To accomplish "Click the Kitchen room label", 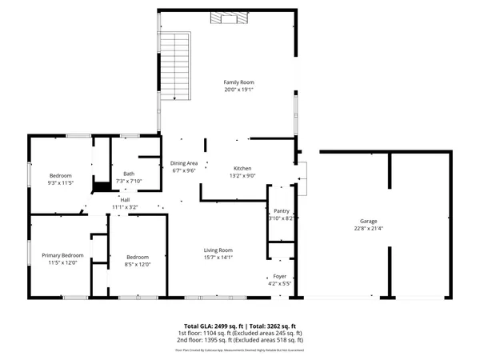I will pyautogui.click(x=242, y=168).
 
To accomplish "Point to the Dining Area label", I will pyautogui.click(x=185, y=163).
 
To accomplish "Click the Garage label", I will pyautogui.click(x=368, y=221).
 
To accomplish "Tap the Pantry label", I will pyautogui.click(x=281, y=210).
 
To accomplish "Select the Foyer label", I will pyautogui.click(x=280, y=276).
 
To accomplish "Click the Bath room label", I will pyautogui.click(x=129, y=174).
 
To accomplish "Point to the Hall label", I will pyautogui.click(x=125, y=200).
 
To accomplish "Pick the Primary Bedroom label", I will pyautogui.click(x=62, y=255).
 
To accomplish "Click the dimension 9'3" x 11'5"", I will pyautogui.click(x=61, y=182).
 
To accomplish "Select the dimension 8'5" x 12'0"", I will pyautogui.click(x=137, y=264).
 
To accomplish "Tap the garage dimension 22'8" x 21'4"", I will pyautogui.click(x=368, y=228).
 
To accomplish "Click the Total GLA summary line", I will pyautogui.click(x=240, y=326).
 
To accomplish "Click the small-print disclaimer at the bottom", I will pyautogui.click(x=240, y=350).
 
